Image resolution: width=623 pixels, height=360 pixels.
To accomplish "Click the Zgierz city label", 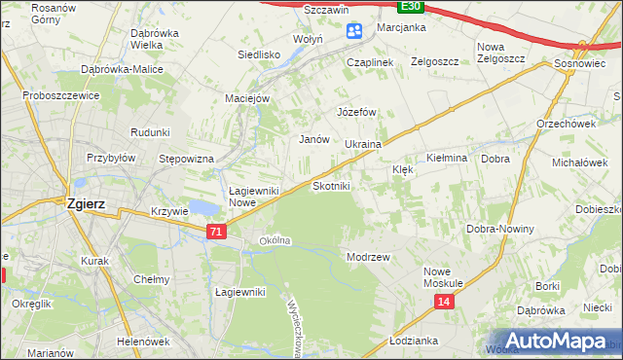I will click(x=86, y=204).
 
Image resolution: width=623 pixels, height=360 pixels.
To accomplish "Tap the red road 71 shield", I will click(x=217, y=232).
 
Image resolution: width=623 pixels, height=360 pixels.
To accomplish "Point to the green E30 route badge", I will click(x=412, y=6).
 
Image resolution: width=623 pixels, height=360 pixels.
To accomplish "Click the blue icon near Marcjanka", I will click(x=354, y=32).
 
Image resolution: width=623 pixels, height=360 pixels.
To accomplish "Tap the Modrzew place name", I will click(x=368, y=257).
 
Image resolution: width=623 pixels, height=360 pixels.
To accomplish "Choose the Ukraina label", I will click(x=362, y=144).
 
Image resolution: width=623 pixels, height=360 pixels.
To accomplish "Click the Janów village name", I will click(x=313, y=139).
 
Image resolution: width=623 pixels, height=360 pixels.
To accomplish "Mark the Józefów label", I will click(x=356, y=112).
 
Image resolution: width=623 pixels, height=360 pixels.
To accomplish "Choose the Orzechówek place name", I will click(x=566, y=124).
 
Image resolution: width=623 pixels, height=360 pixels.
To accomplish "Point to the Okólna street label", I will click(x=275, y=240).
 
